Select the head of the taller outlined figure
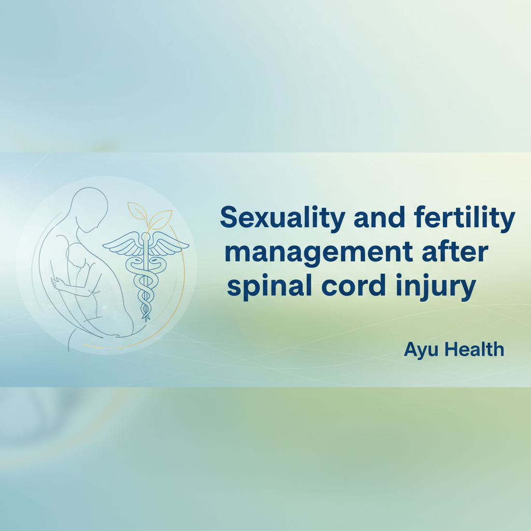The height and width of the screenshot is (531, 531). (90, 206)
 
